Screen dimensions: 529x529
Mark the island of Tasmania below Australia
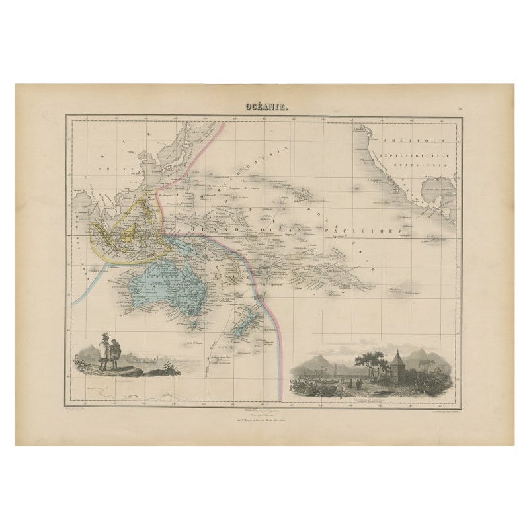(x=193, y=323)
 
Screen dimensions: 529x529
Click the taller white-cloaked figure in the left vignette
(x=103, y=351)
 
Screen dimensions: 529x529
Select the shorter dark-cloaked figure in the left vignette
(x=114, y=354)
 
